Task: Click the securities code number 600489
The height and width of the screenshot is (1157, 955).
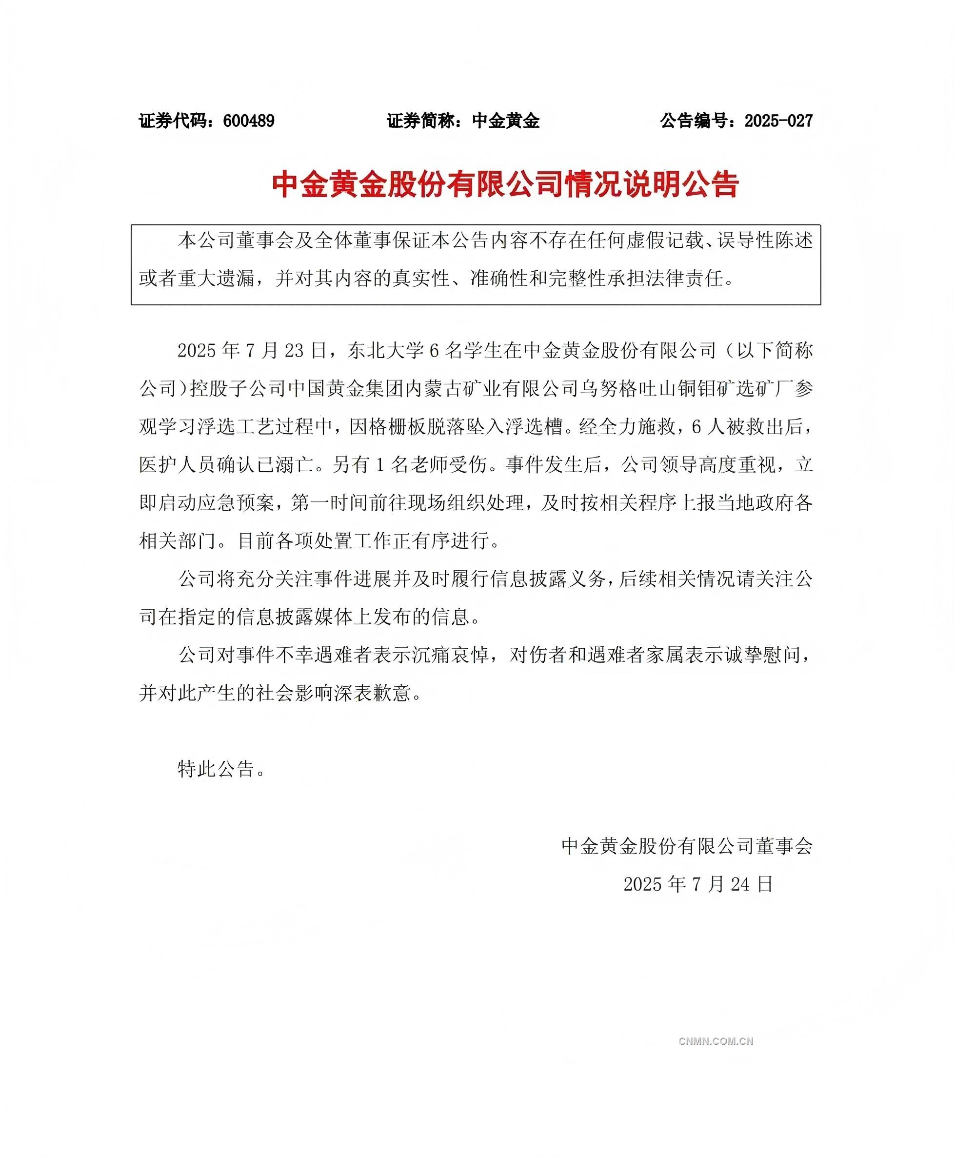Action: coord(249,121)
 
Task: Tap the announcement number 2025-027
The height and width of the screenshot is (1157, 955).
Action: coord(778,121)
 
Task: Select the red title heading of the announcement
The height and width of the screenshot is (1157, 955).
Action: coord(505,184)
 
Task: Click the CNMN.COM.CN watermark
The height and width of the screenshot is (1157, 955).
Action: coord(716,1041)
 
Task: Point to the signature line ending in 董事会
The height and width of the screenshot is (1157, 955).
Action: coord(687,846)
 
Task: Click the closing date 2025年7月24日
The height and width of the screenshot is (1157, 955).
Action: coord(698,884)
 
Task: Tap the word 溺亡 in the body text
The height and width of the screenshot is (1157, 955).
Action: coord(294,465)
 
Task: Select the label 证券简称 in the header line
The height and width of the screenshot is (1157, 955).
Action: coord(421,121)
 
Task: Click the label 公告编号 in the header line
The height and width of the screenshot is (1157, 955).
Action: coord(694,121)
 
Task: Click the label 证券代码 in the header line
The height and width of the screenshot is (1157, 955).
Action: coord(173,121)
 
